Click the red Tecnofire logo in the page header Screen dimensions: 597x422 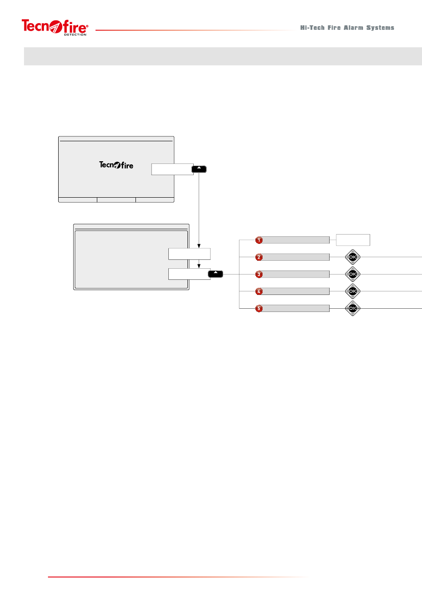(55, 27)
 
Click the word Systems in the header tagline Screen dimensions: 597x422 (380, 28)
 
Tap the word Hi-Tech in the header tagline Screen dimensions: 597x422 (312, 28)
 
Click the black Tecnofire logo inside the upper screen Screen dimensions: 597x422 (116, 165)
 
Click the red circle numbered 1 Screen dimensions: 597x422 (259, 240)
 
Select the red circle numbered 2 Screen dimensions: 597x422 (259, 257)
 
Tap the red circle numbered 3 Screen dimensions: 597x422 (259, 274)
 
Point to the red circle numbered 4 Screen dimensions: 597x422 (259, 291)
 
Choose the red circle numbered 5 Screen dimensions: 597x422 (259, 308)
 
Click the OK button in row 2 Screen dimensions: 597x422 (353, 257)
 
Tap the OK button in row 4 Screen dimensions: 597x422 (353, 291)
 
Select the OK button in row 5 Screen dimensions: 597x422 (353, 308)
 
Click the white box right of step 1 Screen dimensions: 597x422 (353, 240)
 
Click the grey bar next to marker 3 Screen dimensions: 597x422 (295, 274)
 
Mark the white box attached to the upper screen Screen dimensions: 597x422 (172, 169)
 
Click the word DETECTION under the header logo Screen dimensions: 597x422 (75, 34)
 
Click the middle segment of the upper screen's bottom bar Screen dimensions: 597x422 (116, 200)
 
